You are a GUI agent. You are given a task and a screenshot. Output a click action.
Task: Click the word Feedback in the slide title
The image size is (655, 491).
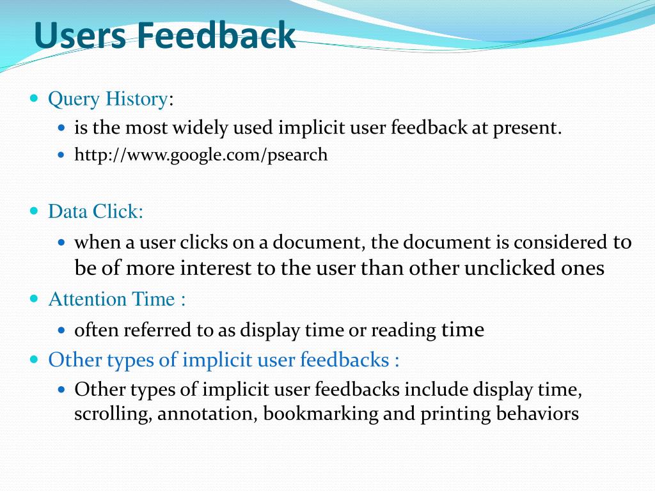(216, 35)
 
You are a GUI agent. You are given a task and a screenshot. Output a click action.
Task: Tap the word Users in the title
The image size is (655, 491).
(80, 35)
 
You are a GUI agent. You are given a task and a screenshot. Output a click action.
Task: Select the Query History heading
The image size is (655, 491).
(108, 99)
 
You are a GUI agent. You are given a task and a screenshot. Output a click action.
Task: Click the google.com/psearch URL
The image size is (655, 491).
(201, 155)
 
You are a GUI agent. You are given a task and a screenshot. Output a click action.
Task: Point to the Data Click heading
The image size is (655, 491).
(95, 211)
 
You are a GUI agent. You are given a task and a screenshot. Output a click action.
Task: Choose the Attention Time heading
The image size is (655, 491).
(116, 299)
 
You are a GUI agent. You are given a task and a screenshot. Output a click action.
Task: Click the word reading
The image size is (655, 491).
(404, 331)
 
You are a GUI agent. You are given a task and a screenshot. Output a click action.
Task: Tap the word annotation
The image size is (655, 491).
(207, 414)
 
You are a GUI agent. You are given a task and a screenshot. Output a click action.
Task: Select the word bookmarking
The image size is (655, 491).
(321, 414)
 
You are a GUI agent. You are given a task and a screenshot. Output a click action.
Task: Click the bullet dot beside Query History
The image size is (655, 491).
(35, 98)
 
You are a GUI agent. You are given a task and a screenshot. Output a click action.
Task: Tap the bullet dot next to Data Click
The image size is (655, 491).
(35, 210)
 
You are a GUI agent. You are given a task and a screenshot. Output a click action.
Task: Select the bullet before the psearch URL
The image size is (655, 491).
(62, 155)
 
